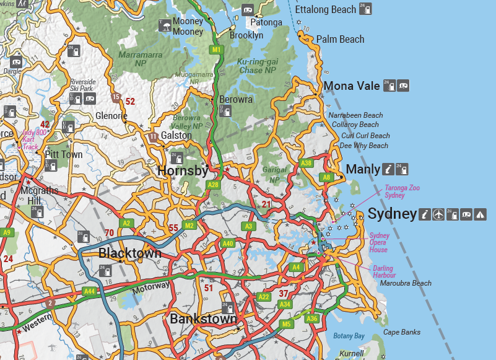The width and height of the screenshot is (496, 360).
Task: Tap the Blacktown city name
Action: point(130,253)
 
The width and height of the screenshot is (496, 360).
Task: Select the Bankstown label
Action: point(203,320)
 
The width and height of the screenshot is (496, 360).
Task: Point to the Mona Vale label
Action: point(352,86)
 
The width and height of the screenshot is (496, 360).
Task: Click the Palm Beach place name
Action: point(340,39)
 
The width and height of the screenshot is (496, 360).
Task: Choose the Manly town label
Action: point(362,169)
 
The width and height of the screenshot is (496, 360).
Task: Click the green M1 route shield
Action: point(216,50)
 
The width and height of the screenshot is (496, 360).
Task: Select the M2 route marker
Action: point(189,226)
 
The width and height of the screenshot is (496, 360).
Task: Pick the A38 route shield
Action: point(306,163)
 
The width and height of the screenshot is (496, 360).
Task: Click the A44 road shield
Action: point(90,291)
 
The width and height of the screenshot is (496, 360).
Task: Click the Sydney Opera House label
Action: point(378,242)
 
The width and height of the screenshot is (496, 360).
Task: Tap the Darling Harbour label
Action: point(383,271)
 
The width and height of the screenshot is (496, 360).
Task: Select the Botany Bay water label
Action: point(349,336)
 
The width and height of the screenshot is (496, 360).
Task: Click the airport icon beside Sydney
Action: point(439,215)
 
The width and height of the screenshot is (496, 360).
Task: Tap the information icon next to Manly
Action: point(388,169)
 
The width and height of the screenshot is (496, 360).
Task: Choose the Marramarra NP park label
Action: point(140,59)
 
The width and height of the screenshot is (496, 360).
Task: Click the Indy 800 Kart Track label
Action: point(34,139)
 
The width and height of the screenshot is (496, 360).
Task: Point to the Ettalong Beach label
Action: point(326,9)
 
